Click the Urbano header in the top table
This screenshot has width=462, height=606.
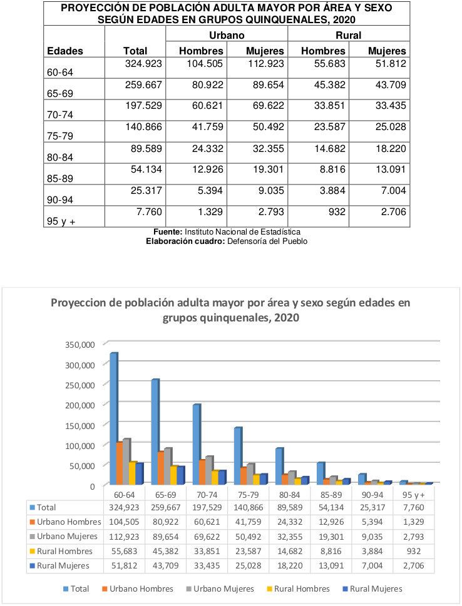(227, 35)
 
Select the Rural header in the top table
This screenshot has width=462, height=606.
(348, 35)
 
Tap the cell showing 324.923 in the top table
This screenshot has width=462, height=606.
(143, 64)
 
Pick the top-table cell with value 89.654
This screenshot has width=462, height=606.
(269, 85)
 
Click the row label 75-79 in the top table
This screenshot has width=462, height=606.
(60, 136)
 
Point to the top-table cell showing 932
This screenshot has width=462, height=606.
(337, 212)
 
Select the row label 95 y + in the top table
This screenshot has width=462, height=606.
(61, 221)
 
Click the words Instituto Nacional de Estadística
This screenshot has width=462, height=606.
(243, 232)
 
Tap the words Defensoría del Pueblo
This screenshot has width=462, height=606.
(267, 241)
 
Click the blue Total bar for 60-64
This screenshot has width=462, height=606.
(114, 418)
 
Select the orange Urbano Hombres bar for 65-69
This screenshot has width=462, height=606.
(161, 468)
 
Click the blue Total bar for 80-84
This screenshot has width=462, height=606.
(279, 466)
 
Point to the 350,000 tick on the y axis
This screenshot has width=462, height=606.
(80, 345)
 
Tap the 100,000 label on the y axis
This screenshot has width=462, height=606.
(80, 446)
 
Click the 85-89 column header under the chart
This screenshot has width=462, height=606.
(331, 495)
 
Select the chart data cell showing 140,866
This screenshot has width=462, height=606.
(249, 507)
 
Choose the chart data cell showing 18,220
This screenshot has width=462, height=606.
(290, 566)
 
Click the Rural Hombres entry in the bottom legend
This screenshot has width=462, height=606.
(299, 589)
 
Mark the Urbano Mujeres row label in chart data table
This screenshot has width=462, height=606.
(64, 537)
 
